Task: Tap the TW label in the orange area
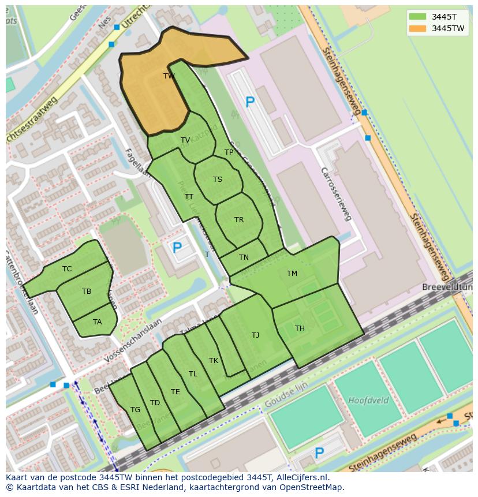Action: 169,76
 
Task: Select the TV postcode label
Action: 185,140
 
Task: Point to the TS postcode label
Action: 217,180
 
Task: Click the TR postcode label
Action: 239,220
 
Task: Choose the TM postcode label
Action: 292,274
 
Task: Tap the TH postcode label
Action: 300,328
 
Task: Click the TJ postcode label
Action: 255,335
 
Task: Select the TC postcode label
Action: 67,269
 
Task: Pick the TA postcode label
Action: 97,322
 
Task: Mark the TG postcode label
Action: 135,410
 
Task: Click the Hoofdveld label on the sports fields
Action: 368,400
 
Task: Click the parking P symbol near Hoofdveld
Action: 319,453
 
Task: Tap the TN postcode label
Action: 244,257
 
